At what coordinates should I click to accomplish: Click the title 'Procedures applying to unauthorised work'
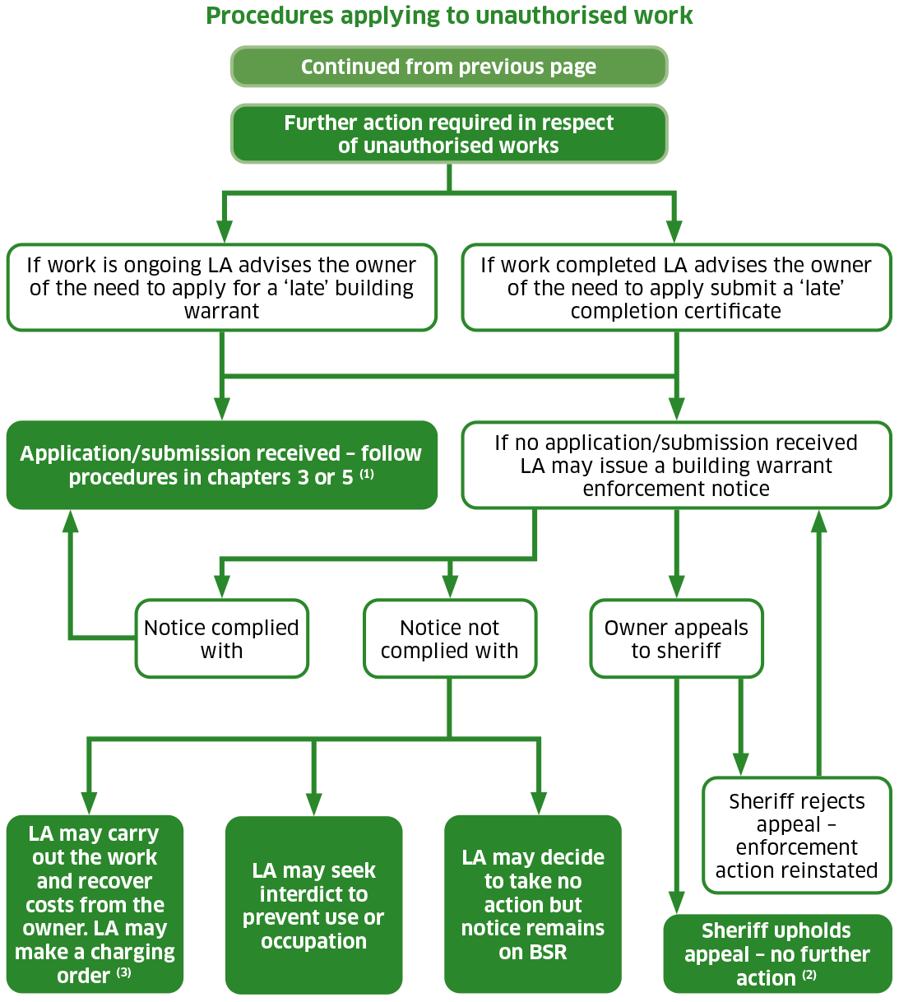449,16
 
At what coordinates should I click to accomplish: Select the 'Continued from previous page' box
449,67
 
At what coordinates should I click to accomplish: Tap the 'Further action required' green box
449,134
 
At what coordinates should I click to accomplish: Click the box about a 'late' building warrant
222,288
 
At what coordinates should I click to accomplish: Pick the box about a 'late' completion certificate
676,288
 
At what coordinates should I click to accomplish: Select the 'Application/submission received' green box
222,465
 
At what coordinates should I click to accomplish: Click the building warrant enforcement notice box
676,466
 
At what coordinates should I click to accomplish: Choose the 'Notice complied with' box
222,639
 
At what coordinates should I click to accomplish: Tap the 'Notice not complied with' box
450,639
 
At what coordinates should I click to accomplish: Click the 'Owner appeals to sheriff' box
676,639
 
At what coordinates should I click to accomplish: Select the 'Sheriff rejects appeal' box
797,836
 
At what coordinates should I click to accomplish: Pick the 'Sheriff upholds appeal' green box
777,954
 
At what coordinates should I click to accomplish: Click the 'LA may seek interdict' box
313,905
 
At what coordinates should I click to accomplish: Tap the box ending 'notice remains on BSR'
533,905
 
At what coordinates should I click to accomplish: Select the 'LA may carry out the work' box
95,905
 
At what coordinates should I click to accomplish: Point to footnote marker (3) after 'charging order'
123,973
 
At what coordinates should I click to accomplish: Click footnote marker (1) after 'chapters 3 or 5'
367,475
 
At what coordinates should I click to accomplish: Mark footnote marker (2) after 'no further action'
809,976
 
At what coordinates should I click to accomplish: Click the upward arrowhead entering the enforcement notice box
818,522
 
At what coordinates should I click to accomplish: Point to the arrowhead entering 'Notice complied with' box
222,587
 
